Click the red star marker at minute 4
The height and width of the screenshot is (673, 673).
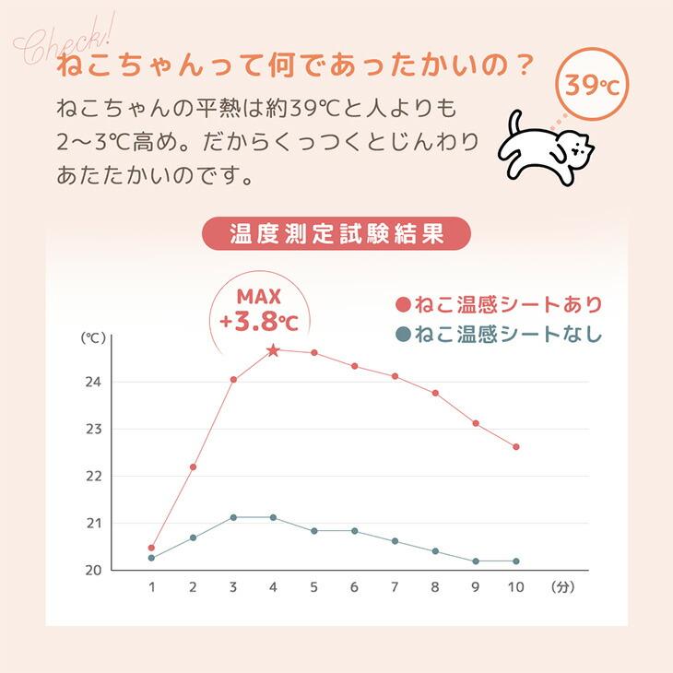[273, 350]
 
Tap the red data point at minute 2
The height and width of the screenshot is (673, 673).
[193, 466]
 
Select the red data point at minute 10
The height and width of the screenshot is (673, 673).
[516, 446]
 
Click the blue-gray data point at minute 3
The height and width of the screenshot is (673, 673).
[233, 517]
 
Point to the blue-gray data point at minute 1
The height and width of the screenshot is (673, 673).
[151, 558]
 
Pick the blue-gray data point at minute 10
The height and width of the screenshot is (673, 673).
[516, 561]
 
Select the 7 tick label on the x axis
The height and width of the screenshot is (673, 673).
[395, 586]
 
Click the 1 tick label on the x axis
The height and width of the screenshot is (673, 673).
[152, 586]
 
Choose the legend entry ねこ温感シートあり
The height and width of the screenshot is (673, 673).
[499, 305]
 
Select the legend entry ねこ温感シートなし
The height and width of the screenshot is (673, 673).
[499, 334]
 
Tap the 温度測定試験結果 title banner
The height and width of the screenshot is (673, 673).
[336, 233]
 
